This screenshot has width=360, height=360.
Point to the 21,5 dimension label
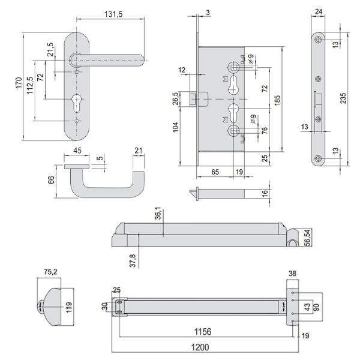[50, 49]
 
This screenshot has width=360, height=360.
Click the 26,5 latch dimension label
[175, 98]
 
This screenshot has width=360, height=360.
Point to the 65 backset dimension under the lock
[215, 172]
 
